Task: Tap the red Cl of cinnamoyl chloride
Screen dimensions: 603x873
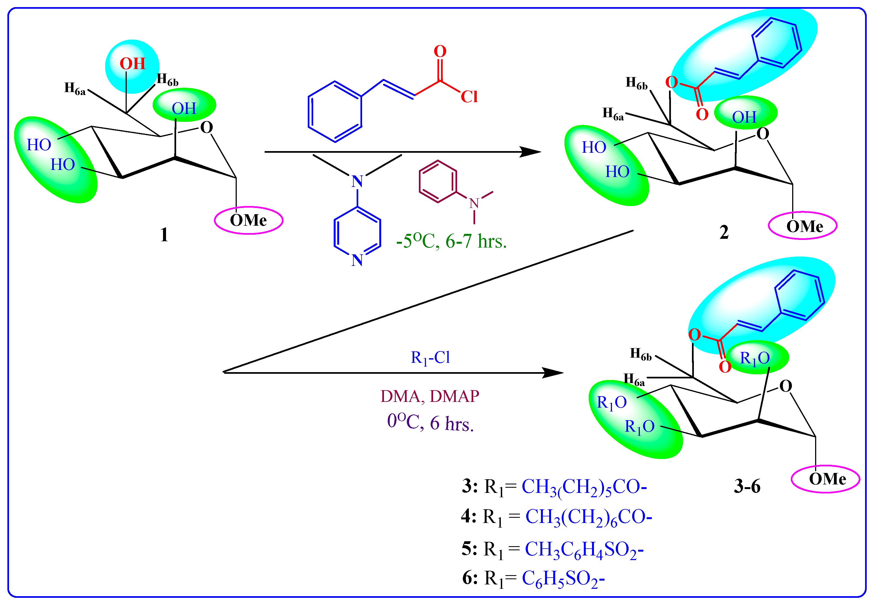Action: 469,97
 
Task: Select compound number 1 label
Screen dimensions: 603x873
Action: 164,235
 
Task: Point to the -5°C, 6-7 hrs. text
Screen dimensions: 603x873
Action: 451,241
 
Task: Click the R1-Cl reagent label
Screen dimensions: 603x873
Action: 430,357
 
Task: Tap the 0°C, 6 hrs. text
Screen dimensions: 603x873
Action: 430,423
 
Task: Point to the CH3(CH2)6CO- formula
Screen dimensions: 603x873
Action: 589,516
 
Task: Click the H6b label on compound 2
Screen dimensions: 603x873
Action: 636,83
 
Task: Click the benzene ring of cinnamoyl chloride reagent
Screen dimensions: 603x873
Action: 335,111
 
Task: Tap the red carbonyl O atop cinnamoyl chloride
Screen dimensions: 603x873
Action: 440,51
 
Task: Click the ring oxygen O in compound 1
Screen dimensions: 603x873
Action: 206,127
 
